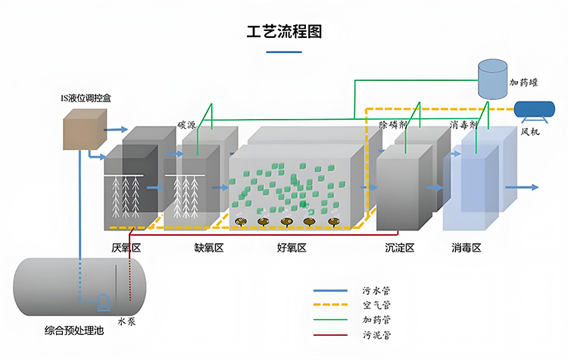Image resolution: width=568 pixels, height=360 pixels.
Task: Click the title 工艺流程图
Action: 285,33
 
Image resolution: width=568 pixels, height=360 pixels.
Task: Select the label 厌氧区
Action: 126,247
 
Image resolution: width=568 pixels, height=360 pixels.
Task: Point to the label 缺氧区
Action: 209,247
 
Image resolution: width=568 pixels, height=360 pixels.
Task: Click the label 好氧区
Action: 292,247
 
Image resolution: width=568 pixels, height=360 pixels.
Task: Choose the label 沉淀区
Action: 399,247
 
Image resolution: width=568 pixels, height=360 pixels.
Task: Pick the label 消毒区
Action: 467,247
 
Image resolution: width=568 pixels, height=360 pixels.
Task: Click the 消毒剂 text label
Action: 463,124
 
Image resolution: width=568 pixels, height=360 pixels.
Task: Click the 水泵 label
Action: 127,321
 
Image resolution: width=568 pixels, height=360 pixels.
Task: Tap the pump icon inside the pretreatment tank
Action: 102,302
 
